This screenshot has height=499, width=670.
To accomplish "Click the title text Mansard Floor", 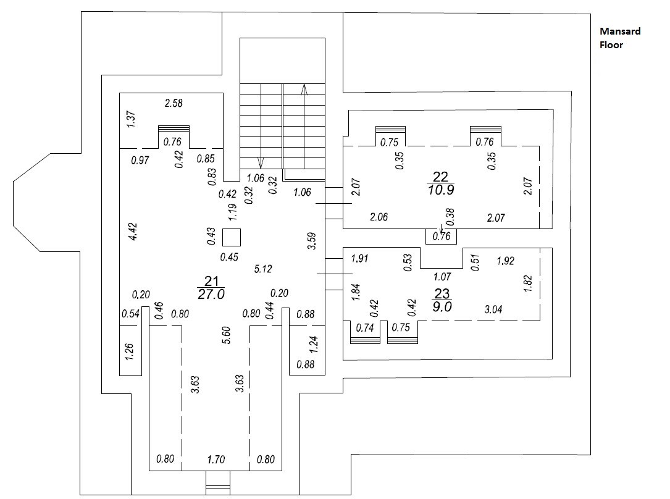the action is coord(620,38).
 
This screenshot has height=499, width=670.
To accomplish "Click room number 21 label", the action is coord(212,281).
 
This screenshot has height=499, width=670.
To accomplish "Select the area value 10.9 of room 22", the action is coord(441,190).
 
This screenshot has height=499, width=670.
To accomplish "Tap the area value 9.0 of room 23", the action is coord(442,307).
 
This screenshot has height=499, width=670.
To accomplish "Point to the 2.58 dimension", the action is coord(174,103).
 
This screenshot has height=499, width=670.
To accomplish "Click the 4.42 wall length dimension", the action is coord(133,232).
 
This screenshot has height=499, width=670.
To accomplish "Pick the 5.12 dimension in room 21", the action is coord(263,269).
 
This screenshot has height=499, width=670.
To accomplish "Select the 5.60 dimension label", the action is coord(227,335).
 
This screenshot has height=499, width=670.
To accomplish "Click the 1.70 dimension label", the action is coord(216,459).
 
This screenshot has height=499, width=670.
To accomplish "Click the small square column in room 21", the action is coord(232,238).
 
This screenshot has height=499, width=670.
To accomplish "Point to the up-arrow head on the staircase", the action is coord(304,89).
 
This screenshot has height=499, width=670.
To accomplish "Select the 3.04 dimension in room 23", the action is coord(493,309).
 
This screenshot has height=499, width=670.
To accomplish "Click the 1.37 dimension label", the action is coord(131,119).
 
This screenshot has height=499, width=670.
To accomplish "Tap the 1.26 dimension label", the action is coord(130,351).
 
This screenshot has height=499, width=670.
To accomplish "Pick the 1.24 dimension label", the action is coord(314,345).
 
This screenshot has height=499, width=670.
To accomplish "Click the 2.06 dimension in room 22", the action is coord(379,217).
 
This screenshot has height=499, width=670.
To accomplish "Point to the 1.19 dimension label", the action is coord(232,212).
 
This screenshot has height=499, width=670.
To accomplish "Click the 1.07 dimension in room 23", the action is coord(442,277).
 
